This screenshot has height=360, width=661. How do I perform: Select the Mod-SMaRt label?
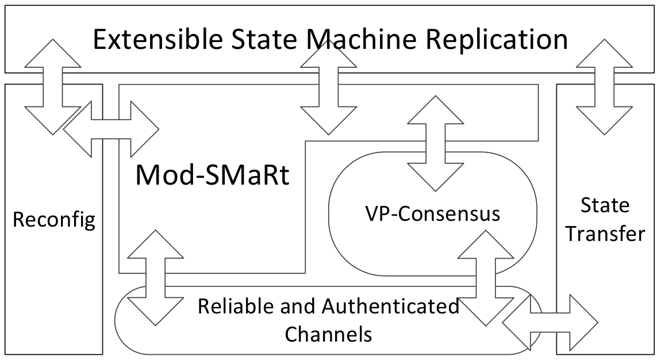212,175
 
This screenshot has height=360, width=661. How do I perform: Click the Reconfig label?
53,220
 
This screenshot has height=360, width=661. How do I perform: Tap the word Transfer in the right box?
605,235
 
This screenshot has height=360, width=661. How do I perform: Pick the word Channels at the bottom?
328,333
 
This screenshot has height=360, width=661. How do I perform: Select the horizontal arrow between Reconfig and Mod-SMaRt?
110,129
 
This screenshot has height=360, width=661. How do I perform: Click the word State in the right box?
605,205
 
